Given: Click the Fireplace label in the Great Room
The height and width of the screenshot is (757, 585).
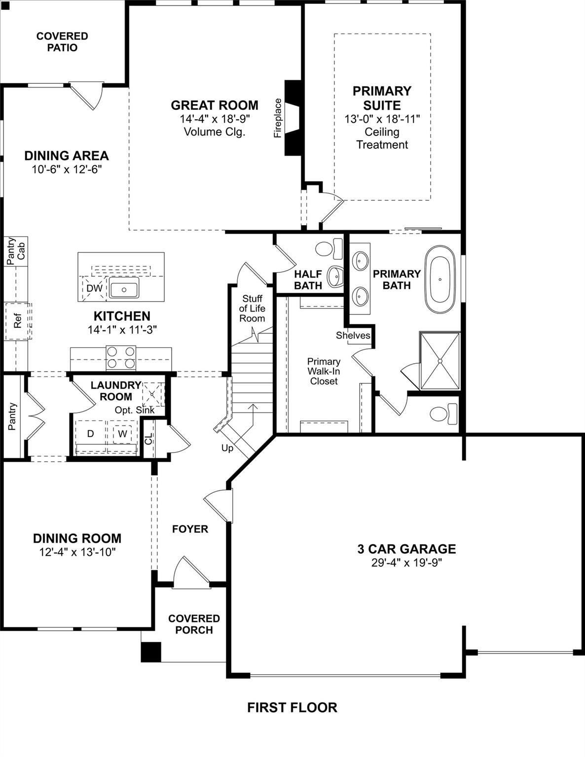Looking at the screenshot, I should tap(278, 118).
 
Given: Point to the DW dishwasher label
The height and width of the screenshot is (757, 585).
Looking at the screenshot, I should tap(94, 289).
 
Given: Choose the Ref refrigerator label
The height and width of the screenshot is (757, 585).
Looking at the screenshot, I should tap(18, 321).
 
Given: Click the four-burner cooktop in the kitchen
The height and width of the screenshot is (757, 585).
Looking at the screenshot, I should tap(121, 358).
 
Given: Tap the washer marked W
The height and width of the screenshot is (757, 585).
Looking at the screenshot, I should tap(122, 434).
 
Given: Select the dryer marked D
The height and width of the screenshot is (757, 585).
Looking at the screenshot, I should tap(90, 434).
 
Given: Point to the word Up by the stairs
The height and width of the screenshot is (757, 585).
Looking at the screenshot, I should tap(227, 448).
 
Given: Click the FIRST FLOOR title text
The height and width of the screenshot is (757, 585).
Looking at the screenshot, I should tap(292, 708).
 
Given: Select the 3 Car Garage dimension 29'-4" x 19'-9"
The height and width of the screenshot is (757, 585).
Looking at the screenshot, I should tap(406, 563).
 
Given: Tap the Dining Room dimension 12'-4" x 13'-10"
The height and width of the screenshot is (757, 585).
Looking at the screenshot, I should tap(77, 552).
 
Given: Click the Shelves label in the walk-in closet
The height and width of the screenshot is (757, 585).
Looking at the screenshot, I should tap(353, 335).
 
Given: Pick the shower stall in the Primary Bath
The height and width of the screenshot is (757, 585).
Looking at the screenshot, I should tap(439, 361).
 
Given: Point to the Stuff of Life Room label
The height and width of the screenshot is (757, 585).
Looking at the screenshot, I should tap(252, 309).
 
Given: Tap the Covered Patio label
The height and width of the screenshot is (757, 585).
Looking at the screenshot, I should tap(62, 42).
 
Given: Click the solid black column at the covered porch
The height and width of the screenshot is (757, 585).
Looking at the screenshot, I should tap(151, 652).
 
